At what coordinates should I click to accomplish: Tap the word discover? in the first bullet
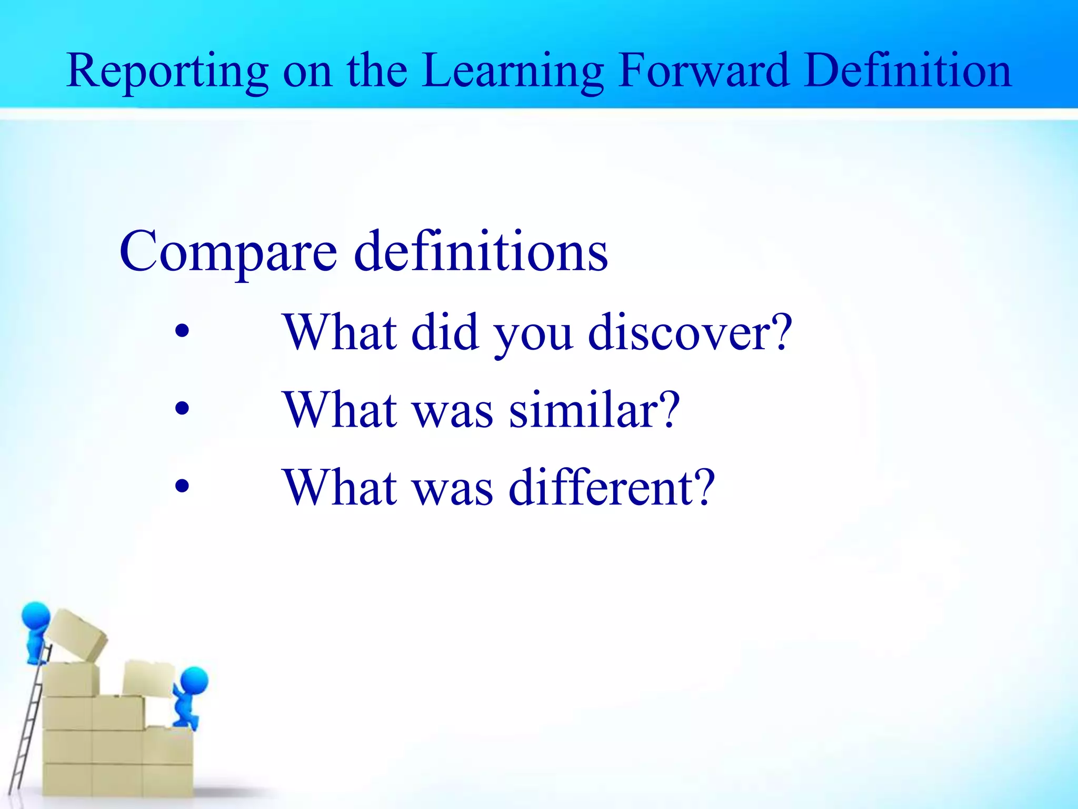pyautogui.click(x=690, y=332)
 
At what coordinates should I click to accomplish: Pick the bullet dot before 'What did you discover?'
pyautogui.click(x=182, y=332)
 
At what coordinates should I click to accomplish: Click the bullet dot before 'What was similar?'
pyautogui.click(x=182, y=409)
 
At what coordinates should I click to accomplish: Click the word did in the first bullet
pyautogui.click(x=445, y=332)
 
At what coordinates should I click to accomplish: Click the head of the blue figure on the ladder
pyautogui.click(x=36, y=616)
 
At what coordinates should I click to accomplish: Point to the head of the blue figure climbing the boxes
pyautogui.click(x=194, y=680)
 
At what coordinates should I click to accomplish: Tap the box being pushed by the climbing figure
pyautogui.click(x=149, y=678)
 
